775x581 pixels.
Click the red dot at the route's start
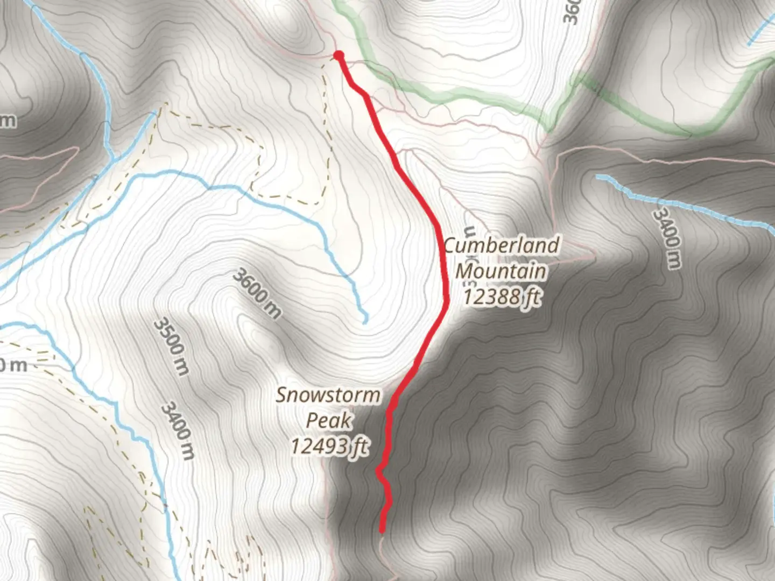point(339,55)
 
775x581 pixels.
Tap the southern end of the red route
point(382,530)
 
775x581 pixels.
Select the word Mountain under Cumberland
point(501,271)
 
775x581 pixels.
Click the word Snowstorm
point(328,395)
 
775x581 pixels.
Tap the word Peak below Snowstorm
point(329,420)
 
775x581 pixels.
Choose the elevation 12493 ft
point(329,445)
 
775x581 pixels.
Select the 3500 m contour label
point(172,346)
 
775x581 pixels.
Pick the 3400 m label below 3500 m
point(178,430)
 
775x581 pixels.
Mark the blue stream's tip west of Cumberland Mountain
point(365,321)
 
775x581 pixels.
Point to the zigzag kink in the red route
point(379,472)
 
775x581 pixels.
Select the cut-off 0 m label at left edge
point(13,365)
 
